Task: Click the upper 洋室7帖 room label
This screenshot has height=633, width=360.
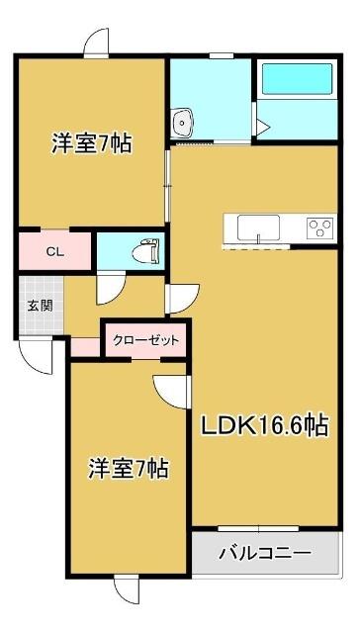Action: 92,142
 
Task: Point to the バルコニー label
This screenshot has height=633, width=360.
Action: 265,552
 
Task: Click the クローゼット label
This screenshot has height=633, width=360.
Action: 145,340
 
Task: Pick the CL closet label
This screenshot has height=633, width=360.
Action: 56,251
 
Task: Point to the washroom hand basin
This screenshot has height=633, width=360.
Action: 183,123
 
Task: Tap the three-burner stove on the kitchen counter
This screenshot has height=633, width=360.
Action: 319,228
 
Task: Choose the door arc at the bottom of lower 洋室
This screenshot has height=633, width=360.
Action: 128,590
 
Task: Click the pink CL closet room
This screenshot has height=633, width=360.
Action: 55,250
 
